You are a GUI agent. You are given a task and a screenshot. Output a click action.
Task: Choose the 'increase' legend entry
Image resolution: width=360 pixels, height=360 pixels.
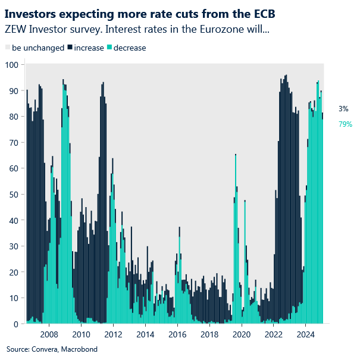coord(87,48)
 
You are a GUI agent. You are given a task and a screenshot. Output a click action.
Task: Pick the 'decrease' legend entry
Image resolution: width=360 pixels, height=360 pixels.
coord(129,48)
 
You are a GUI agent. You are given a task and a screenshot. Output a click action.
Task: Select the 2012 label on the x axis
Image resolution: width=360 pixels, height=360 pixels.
coord(113,334)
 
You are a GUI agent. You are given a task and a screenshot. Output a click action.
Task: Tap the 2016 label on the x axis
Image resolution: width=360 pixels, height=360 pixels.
coord(177,334)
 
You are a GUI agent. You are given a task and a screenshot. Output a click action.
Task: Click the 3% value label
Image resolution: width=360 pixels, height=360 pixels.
coord(343,109)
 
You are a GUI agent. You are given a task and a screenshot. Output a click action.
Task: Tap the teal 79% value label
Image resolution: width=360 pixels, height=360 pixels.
coord(345,124)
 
